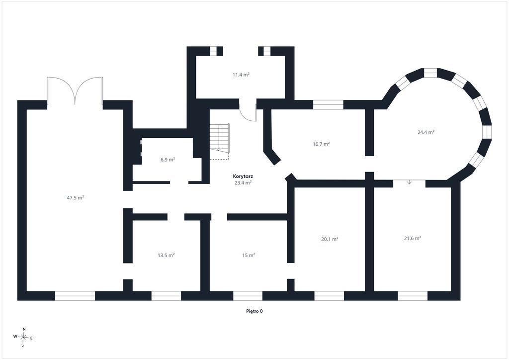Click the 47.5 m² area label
(76, 197)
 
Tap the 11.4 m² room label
(241, 75)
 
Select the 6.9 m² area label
(168, 160)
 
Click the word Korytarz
(243, 176)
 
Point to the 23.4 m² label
(243, 182)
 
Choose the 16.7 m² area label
(322, 144)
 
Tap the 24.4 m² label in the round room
(426, 132)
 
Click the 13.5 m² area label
(166, 255)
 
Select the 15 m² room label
(249, 255)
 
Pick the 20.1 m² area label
(330, 239)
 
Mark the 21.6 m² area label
(413, 238)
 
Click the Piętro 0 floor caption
(254, 311)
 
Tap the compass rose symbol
(24, 337)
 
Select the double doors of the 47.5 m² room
(75, 91)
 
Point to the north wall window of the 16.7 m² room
(328, 104)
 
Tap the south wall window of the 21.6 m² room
(413, 296)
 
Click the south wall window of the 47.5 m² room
(75, 296)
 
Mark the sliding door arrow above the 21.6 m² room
(410, 182)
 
